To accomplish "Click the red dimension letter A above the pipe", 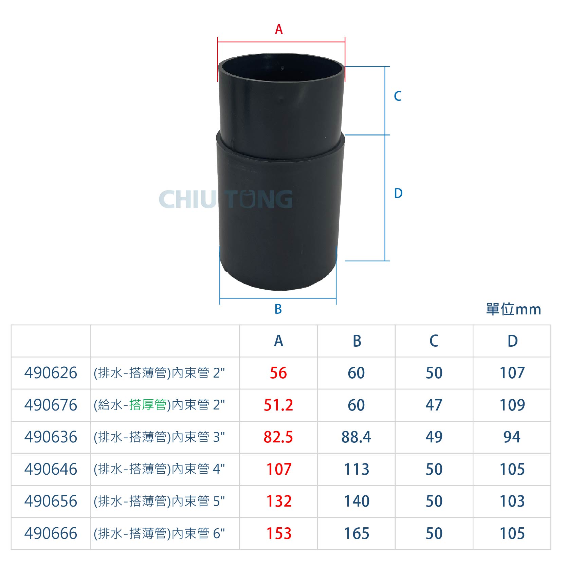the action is coord(279,29).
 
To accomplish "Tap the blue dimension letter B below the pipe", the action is coord(278,309).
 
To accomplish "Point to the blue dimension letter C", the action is coord(398,96).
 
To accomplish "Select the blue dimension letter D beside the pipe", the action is coord(398,193).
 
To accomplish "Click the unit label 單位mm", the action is coord(513,309).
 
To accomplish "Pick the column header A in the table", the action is coord(278,341).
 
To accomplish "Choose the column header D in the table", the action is coord(512,341).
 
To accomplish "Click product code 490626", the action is coord(51,373).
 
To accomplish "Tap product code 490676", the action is coord(51,405).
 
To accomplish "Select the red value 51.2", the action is coord(278,405).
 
